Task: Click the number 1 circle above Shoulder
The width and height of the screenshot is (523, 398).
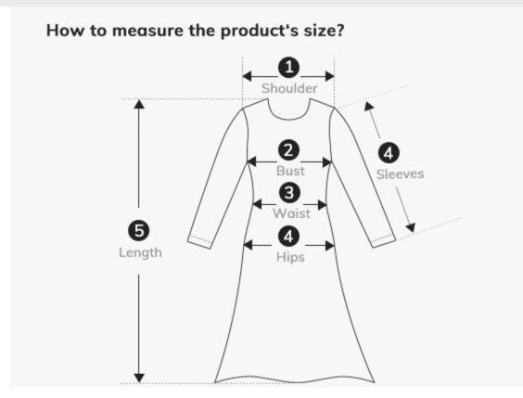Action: tap(288, 67)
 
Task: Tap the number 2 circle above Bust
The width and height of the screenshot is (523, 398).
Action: tap(288, 150)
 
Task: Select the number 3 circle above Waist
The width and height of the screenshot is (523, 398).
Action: tap(288, 192)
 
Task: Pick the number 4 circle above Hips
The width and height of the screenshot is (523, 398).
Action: tap(288, 237)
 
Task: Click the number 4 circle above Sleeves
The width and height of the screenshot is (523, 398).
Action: tap(389, 153)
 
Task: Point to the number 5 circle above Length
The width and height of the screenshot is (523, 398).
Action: tap(139, 230)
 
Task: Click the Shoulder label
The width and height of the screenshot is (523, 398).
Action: tap(289, 88)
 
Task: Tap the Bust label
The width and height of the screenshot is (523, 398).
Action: tap(290, 171)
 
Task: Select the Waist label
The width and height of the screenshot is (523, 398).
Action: tap(291, 213)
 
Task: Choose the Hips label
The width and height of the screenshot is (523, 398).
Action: tap(290, 257)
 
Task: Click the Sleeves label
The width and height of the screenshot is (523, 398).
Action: tap(401, 173)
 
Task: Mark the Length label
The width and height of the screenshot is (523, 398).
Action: tap(140, 252)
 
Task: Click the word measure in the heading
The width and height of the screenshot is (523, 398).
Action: tap(147, 31)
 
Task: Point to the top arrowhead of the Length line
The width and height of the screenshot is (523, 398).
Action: tap(139, 104)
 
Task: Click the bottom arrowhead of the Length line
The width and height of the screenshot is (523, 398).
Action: tap(139, 379)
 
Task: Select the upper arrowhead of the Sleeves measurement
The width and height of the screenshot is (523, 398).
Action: tap(368, 106)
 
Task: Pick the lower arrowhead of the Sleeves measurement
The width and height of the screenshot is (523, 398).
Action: tap(411, 228)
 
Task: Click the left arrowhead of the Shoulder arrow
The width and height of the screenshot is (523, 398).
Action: tap(248, 76)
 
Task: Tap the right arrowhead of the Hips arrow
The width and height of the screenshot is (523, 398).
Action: tap(330, 246)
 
